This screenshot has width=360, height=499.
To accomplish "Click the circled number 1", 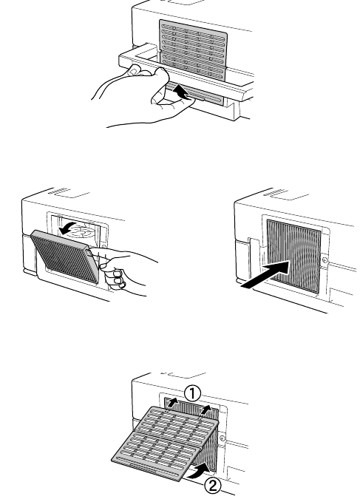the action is pyautogui.click(x=193, y=393).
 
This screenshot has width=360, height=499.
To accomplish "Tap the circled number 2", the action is pyautogui.click(x=212, y=486).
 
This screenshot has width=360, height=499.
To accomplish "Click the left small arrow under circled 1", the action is pyautogui.click(x=172, y=403).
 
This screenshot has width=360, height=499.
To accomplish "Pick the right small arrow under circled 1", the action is pyautogui.click(x=206, y=410).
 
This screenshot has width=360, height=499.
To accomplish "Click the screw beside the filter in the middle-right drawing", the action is pyautogui.click(x=325, y=260).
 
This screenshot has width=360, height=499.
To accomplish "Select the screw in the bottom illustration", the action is pyautogui.click(x=223, y=439).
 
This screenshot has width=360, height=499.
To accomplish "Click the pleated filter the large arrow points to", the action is pyautogui.click(x=293, y=256).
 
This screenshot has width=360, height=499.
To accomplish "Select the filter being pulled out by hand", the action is pyautogui.click(x=64, y=257).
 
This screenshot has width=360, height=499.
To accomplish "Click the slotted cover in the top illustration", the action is pyautogui.click(x=193, y=51).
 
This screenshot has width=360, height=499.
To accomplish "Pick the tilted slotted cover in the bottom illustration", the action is pyautogui.click(x=166, y=443).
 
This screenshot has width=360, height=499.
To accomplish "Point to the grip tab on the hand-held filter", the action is pyautogui.click(x=89, y=252).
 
